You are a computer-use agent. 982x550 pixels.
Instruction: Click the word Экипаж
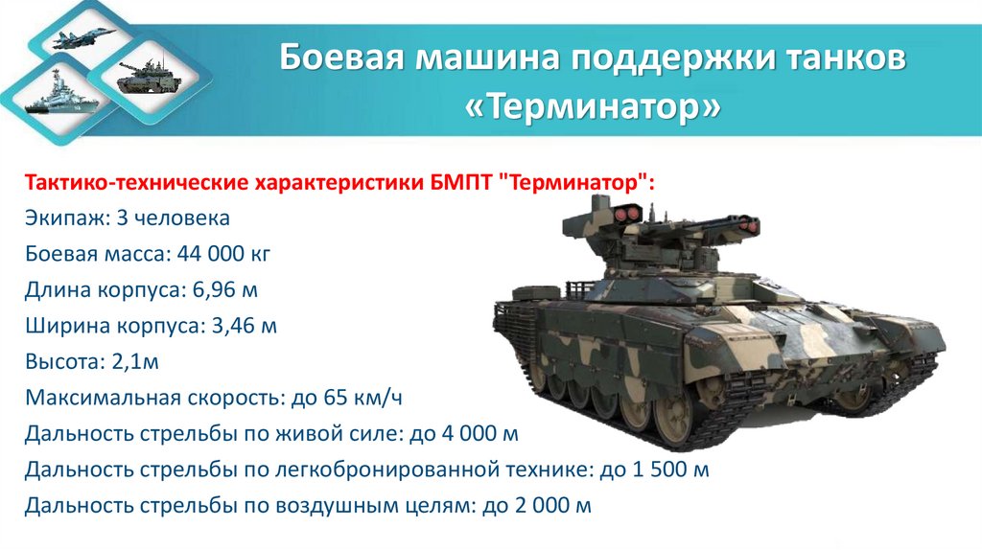coord(66,218)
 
